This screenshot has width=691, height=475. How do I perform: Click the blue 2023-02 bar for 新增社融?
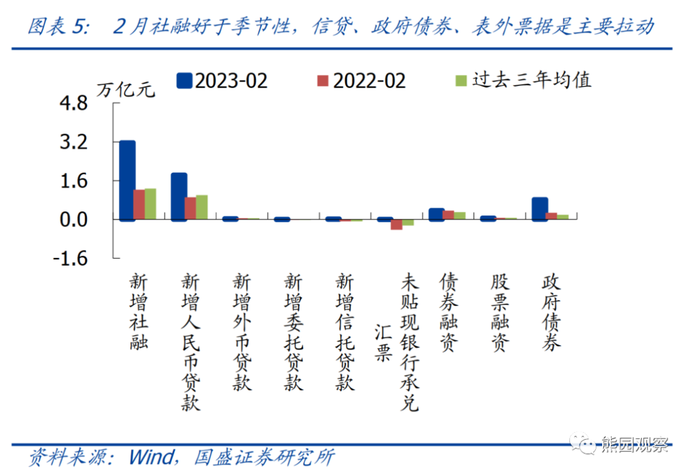coord(127,181)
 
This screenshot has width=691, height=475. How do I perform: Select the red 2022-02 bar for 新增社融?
coord(139,204)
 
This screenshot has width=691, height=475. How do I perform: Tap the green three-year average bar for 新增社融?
coord(150,204)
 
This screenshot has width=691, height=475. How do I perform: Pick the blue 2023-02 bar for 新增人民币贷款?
coord(179,197)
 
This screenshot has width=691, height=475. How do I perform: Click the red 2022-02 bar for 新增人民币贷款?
coord(191,208)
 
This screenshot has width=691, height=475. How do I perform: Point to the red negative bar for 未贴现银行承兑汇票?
coord(397,224)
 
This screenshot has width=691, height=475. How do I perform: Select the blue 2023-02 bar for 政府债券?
coord(540,209)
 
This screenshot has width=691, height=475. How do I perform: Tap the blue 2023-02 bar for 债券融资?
coord(436,214)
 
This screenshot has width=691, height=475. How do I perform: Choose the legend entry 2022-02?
coord(361,80)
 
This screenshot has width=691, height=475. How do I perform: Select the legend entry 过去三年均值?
coord(522,79)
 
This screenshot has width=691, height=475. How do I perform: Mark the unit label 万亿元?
coord(125,90)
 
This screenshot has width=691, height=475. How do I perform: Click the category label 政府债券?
coord(552,312)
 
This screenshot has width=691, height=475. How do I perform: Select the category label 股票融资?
coord(500,312)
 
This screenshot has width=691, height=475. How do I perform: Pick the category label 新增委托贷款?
coord(294,332)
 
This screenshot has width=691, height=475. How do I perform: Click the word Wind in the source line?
coord(151,457)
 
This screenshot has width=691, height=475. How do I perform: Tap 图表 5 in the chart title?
coord(56,27)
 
